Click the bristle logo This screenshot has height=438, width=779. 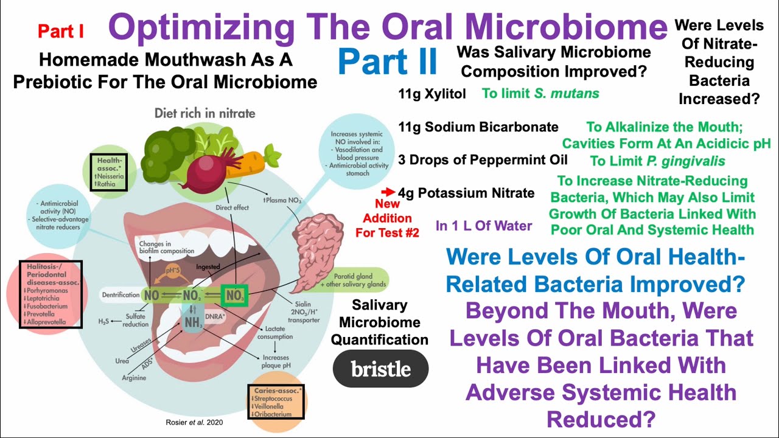380,369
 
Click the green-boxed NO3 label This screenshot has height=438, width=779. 234,296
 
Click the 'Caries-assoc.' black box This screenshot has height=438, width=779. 276,401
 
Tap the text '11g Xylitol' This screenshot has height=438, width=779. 432,94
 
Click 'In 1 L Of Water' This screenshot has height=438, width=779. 484,226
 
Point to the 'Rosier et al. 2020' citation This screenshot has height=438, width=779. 190,421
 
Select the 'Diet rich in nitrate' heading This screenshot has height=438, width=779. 204,113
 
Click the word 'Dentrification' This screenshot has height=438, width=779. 121,295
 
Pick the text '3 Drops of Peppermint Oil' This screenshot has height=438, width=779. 483,159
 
